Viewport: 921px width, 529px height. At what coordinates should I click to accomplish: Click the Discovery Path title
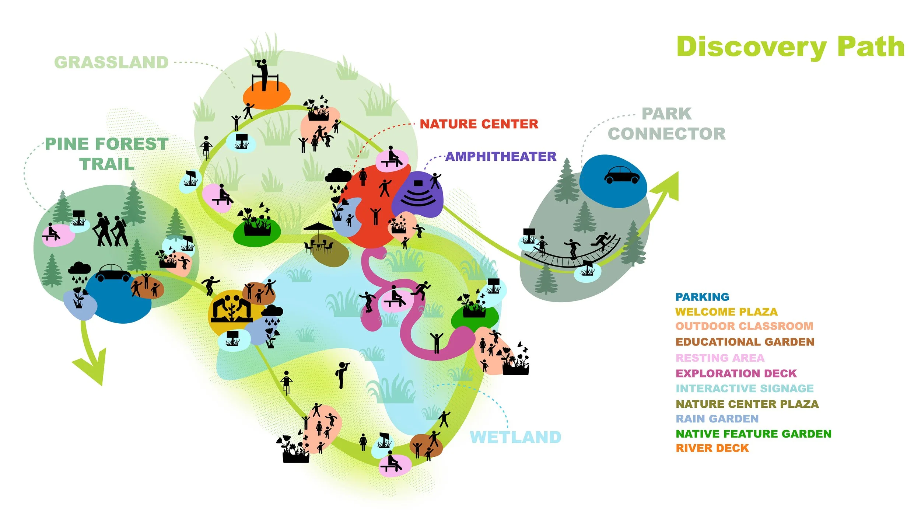(x=790, y=47)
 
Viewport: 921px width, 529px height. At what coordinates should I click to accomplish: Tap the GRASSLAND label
(x=111, y=63)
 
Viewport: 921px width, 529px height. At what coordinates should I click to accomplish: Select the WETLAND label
(x=515, y=437)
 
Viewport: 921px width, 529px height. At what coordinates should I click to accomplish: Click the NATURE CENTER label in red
(x=479, y=124)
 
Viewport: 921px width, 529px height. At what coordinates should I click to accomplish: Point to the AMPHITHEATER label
(x=501, y=157)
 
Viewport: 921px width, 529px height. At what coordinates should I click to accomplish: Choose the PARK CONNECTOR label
(x=666, y=124)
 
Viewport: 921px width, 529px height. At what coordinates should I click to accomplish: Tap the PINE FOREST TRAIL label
(x=106, y=154)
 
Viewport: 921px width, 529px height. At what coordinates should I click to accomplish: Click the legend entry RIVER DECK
(x=712, y=448)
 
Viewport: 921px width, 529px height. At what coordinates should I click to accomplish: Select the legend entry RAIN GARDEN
(x=717, y=419)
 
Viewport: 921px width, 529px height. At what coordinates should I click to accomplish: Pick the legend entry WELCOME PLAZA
(x=726, y=312)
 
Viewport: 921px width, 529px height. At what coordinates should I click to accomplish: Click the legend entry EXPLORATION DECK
(x=736, y=373)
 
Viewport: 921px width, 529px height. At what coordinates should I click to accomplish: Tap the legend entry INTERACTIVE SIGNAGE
(x=745, y=389)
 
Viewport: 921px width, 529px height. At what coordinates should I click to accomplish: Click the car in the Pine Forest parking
(x=113, y=273)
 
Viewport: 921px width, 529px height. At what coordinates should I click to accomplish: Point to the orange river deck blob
(x=266, y=96)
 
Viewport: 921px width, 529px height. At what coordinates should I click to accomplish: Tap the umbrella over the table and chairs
(x=318, y=226)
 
